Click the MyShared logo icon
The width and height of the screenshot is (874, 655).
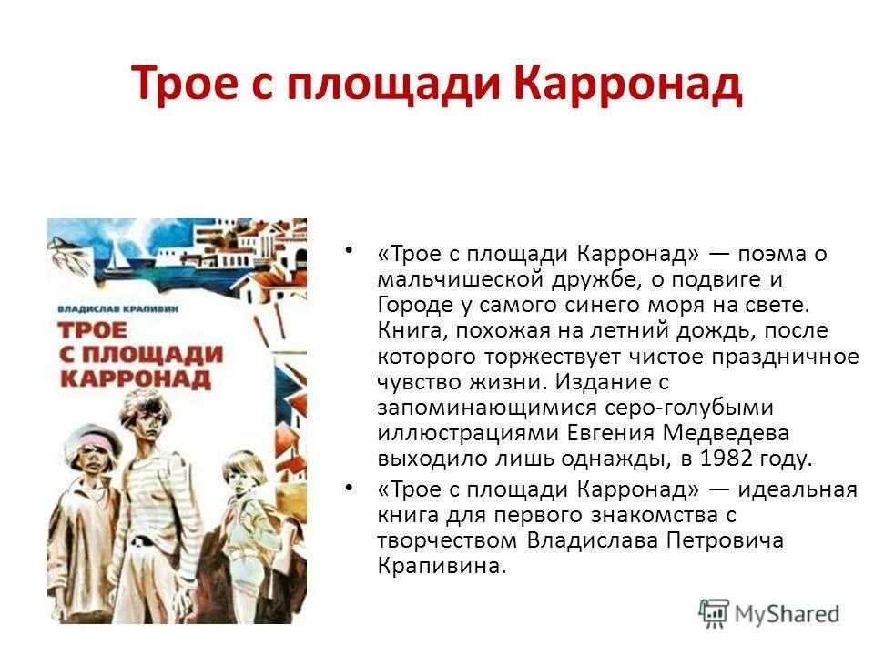[x=714, y=612]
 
